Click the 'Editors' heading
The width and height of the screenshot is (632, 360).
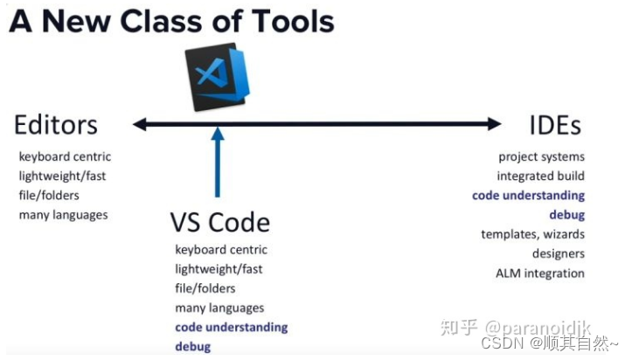pos(55,125)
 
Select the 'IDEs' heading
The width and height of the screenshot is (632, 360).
pos(555,125)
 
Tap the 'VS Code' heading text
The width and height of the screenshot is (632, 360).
pos(219,222)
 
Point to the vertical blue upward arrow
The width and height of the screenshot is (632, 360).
pos(218,166)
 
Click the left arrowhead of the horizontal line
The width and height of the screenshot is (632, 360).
pos(138,125)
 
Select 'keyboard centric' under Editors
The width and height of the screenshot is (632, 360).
pos(65,157)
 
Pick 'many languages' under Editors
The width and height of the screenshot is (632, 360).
pos(64,215)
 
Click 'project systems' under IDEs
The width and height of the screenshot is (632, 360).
pos(541,157)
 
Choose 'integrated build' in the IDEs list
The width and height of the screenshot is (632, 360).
pos(540,177)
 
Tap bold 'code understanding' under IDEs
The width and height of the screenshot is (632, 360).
pos(528,196)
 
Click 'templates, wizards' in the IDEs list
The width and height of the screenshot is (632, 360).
pos(532,234)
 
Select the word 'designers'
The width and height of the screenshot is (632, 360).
pos(558,253)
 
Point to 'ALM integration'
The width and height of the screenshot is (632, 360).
pos(539,273)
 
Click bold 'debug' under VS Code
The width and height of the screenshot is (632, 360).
pos(192,346)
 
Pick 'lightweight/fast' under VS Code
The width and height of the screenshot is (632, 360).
pos(219,269)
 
